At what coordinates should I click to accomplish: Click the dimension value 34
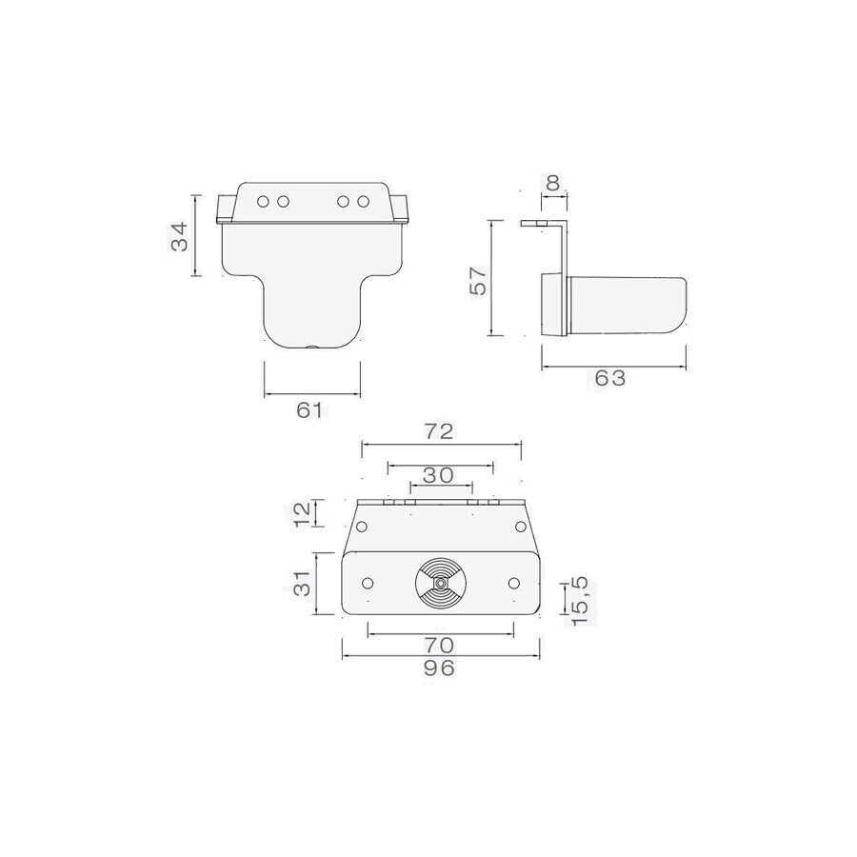tap(179, 236)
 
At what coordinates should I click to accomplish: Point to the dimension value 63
tap(610, 378)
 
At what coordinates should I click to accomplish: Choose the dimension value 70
tap(440, 645)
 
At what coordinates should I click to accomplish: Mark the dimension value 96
tap(439, 668)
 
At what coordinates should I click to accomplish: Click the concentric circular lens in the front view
tap(439, 581)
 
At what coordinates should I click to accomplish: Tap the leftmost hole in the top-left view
tap(264, 202)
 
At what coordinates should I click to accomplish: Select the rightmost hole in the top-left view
tap(363, 202)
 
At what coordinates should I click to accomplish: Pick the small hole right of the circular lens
tap(513, 583)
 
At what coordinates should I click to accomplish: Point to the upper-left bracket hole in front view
tap(362, 527)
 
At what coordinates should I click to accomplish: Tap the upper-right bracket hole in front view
tap(519, 527)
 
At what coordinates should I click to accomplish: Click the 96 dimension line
tap(439, 655)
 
